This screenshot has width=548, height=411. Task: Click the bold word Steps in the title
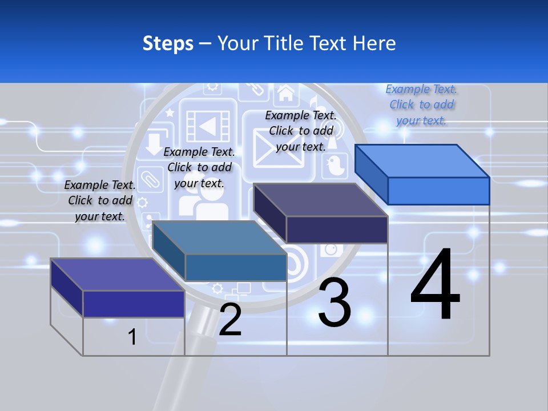point(168,43)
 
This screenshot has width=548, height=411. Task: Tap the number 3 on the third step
point(335,302)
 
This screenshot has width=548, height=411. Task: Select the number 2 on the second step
point(230,320)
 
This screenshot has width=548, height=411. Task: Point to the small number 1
point(132,337)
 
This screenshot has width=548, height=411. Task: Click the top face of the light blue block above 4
point(422,160)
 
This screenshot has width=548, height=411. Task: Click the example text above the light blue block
point(421,104)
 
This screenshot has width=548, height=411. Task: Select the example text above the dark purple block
point(301,131)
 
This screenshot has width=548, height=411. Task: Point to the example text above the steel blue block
point(199,167)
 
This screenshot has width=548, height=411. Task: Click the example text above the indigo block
point(100,200)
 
